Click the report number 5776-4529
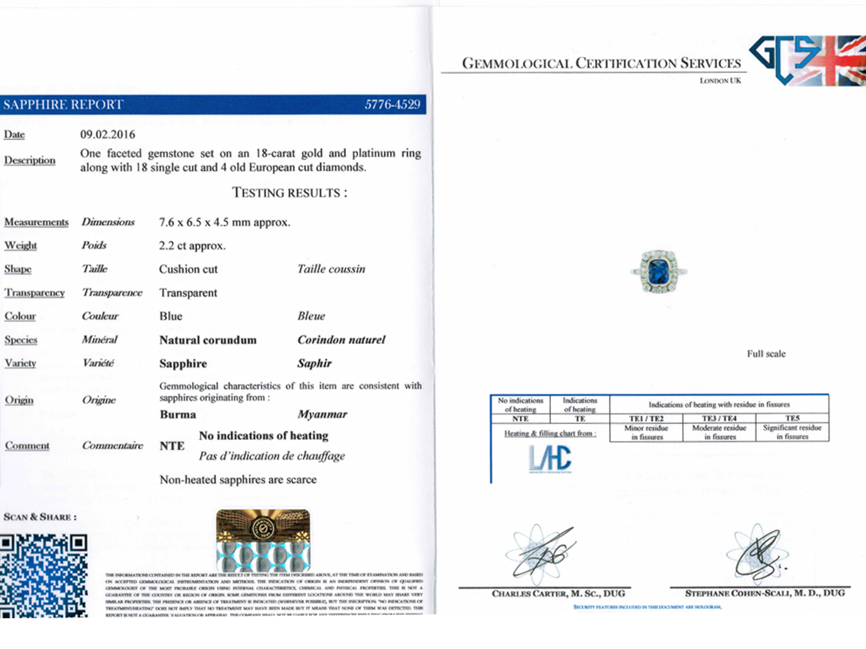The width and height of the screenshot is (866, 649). [x=392, y=105]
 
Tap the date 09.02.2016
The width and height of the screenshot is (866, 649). [x=107, y=134]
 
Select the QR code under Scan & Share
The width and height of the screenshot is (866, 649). [x=44, y=576]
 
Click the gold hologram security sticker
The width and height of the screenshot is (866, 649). [x=263, y=540]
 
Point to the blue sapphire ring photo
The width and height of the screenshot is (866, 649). [x=659, y=272]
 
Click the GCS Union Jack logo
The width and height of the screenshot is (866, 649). [x=807, y=60]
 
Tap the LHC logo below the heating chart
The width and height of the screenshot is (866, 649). [x=550, y=459]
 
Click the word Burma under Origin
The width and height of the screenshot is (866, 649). [x=178, y=415]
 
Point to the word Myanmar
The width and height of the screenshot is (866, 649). [x=322, y=415]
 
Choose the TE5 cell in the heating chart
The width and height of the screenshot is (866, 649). [x=792, y=418]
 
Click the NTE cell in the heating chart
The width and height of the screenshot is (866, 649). [x=520, y=419]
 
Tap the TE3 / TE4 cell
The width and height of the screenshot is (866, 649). [x=719, y=418]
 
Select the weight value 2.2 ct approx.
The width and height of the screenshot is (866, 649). [x=192, y=246]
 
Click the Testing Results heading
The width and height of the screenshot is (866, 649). [x=290, y=193]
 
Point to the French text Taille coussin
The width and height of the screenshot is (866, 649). [x=331, y=269]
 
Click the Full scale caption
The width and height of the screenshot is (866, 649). [x=766, y=354]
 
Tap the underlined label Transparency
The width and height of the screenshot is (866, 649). [x=35, y=293]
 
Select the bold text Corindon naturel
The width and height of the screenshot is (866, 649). [x=341, y=340]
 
